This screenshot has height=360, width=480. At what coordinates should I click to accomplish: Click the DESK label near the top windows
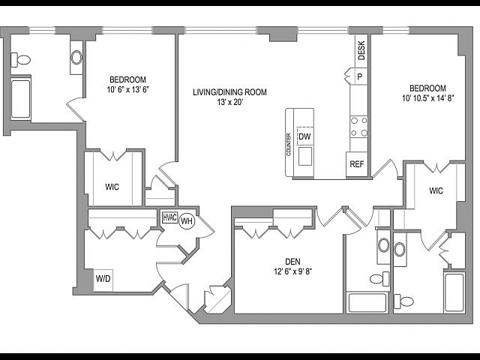[x=361, y=50]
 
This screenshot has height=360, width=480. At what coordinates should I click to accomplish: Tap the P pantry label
[x=360, y=76]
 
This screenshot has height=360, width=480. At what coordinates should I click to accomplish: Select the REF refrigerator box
[x=357, y=164]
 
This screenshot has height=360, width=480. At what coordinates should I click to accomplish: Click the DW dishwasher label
[x=304, y=136]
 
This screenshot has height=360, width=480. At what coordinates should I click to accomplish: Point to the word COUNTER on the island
[x=289, y=145]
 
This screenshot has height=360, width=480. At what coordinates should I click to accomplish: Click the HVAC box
[x=170, y=217]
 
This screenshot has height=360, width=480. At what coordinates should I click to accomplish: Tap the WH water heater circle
[x=187, y=220]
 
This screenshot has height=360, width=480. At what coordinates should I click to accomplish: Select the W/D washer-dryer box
[x=103, y=280]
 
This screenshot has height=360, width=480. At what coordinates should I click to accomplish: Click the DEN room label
[x=292, y=262]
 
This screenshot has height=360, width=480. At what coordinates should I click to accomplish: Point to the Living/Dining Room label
[x=229, y=92]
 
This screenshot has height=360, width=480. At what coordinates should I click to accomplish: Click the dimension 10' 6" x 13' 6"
[x=128, y=90]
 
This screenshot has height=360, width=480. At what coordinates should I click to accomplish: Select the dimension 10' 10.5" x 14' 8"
[x=427, y=98]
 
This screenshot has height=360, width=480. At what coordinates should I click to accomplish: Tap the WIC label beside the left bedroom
[x=112, y=187]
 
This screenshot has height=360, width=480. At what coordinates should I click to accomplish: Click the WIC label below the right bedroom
[x=436, y=190]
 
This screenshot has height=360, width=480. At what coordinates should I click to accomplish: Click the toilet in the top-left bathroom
[x=20, y=60]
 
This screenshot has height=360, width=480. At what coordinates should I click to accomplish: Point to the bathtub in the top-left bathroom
[x=21, y=97]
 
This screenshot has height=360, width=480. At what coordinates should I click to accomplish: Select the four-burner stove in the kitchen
[x=358, y=127]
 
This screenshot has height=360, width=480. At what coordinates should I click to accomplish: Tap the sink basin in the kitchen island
[x=305, y=156]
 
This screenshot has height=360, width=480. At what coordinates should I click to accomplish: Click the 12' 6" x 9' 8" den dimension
[x=293, y=271]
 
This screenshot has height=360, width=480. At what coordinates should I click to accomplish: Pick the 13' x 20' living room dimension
[x=230, y=102]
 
